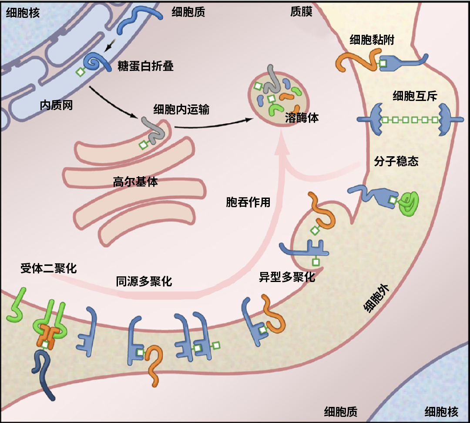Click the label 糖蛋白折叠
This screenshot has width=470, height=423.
[x=145, y=66]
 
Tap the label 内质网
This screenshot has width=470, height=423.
[x=56, y=105]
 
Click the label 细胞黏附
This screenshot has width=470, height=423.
[x=372, y=40]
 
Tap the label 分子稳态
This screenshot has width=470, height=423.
[x=396, y=161]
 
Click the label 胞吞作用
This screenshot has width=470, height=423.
[x=248, y=202]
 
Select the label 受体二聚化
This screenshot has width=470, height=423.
[x=48, y=268]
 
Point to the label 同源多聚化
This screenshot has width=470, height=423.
[x=144, y=282]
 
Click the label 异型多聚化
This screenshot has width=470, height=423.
[x=287, y=277]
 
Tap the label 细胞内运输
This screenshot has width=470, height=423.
[x=181, y=109]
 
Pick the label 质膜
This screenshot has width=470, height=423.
[x=301, y=12]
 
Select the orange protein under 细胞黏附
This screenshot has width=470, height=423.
[x=357, y=61]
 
